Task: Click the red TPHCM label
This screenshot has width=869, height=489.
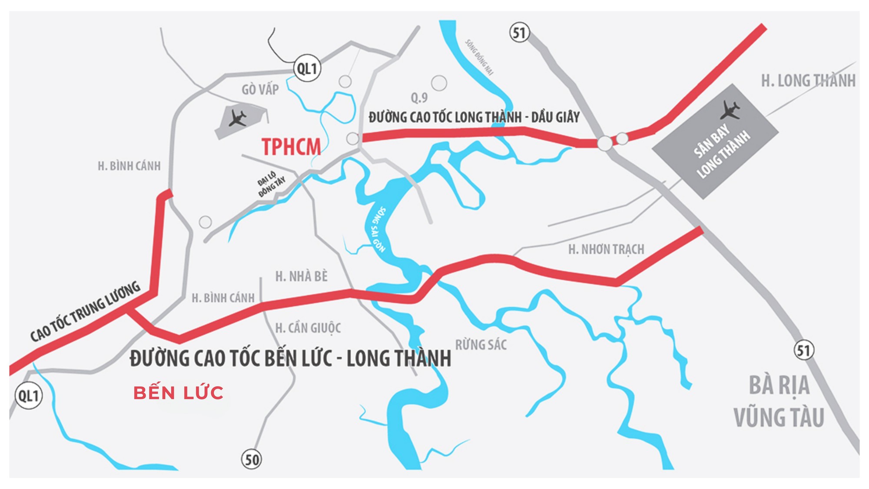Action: (x=291, y=147)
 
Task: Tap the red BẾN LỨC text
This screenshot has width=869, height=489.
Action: (x=178, y=393)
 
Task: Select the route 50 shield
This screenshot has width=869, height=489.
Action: (x=252, y=459)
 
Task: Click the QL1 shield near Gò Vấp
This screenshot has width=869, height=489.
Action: (x=307, y=68)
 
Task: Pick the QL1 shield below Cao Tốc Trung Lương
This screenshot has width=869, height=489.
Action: (x=29, y=396)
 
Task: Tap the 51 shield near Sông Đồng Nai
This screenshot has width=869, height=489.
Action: (x=519, y=33)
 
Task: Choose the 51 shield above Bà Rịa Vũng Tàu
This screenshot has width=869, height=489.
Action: (x=804, y=350)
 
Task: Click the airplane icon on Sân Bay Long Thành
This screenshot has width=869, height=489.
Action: (x=730, y=110)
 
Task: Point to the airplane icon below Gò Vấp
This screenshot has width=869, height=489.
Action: (x=238, y=118)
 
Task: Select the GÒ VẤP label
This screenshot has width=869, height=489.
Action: (x=260, y=90)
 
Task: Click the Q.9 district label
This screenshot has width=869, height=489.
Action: (x=419, y=98)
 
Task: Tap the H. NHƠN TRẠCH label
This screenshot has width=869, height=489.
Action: (x=606, y=249)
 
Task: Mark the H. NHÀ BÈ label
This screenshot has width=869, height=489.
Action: (x=302, y=276)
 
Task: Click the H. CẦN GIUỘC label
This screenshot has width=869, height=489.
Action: (x=308, y=328)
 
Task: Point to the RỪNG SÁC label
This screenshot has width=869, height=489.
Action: (x=481, y=345)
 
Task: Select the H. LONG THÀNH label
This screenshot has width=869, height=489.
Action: (x=808, y=81)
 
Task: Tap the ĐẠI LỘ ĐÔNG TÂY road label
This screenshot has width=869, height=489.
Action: (x=271, y=184)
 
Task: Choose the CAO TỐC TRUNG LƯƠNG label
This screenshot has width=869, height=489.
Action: (x=85, y=311)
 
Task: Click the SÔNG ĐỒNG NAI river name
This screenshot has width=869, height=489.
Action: (x=479, y=57)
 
